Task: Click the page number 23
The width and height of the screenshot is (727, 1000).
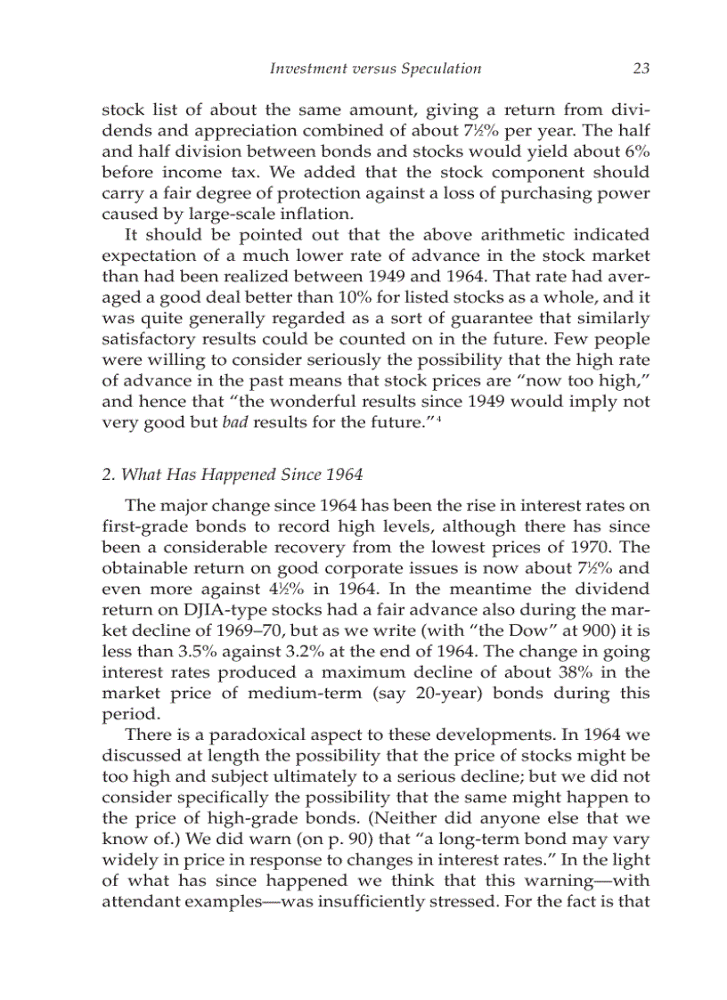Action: [x=639, y=69]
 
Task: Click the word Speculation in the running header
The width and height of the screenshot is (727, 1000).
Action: [x=441, y=69]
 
